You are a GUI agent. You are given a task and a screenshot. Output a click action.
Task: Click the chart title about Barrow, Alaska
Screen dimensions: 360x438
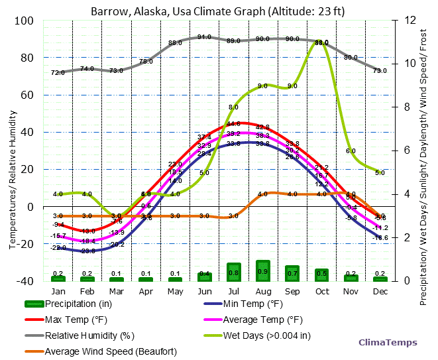pyautogui.click(x=218, y=11)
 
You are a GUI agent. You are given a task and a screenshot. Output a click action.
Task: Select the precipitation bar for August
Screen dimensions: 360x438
pyautogui.click(x=263, y=271)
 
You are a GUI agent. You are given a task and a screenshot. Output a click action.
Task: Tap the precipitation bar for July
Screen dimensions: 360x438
pyautogui.click(x=233, y=272)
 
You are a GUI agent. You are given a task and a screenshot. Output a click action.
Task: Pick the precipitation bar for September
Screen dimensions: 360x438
pyautogui.click(x=292, y=273)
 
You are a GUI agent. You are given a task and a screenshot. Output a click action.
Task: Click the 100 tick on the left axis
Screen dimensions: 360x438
pyautogui.click(x=24, y=21)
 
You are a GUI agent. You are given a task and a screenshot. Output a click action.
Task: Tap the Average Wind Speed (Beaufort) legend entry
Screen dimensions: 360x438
pyautogui.click(x=109, y=351)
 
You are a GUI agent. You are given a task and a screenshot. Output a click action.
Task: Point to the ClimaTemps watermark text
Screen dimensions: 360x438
pyautogui.click(x=388, y=343)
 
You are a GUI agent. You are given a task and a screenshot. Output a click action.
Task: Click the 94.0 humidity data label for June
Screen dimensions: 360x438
pyautogui.click(x=204, y=37)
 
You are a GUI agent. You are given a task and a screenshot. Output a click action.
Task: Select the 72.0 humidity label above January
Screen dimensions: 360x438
pyautogui.click(x=58, y=72)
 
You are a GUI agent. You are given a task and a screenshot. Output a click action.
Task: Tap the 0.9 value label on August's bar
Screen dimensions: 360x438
pyautogui.click(x=263, y=272)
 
